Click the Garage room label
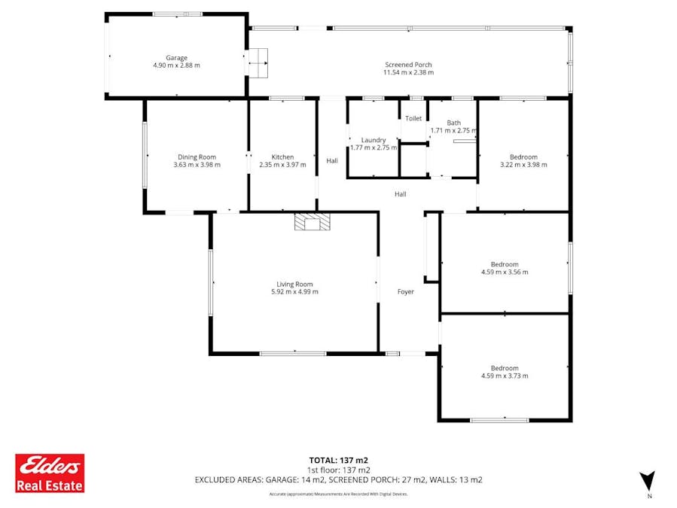[x=176, y=58]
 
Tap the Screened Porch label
[x=407, y=65]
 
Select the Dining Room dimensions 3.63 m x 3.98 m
[x=197, y=164]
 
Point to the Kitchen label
[x=282, y=157]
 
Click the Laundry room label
[x=374, y=140]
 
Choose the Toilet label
[x=413, y=119]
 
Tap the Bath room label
[x=453, y=123]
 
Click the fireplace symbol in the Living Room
[x=312, y=221]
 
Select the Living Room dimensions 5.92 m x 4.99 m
[x=294, y=291]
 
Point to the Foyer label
[x=406, y=291]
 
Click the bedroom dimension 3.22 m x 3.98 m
[x=523, y=164]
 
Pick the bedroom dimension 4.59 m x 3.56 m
[x=505, y=272]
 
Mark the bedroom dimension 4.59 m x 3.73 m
[x=505, y=376]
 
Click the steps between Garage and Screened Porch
[x=258, y=63]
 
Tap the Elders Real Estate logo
[x=50, y=473]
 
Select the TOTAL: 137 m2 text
[x=338, y=460]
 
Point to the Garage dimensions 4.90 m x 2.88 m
[x=176, y=65]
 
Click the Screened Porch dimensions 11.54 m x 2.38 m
[x=407, y=73]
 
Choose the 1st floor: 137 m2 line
[x=338, y=470]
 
